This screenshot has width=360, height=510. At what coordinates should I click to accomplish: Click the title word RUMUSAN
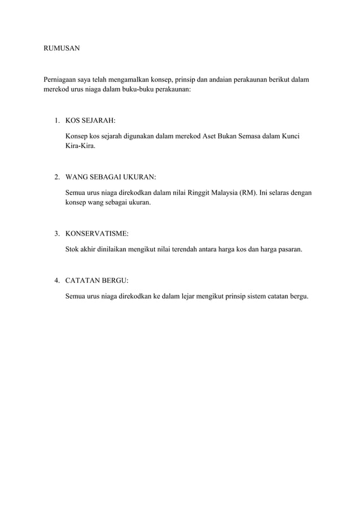(x=62, y=49)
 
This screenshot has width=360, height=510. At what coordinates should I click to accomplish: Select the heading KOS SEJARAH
(x=90, y=120)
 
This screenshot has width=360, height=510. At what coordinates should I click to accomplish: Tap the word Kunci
(x=289, y=137)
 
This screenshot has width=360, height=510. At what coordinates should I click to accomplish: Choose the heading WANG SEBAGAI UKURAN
(x=111, y=177)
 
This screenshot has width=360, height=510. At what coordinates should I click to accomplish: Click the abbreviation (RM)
(x=248, y=193)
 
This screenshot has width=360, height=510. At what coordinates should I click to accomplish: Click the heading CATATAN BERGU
(x=97, y=280)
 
